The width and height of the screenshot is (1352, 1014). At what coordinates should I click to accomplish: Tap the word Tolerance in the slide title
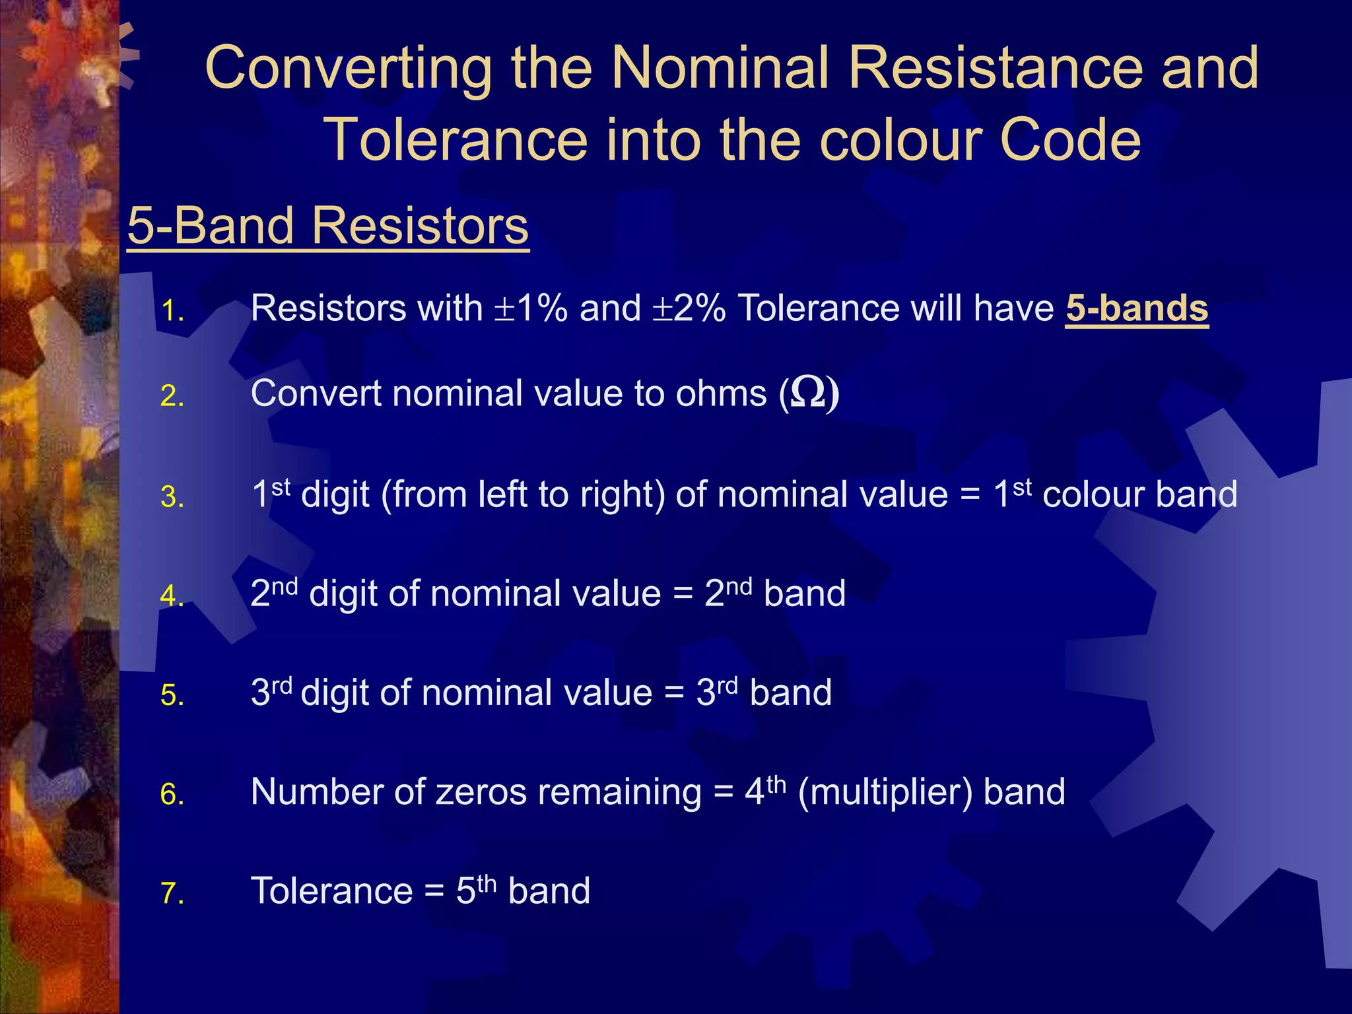(456, 141)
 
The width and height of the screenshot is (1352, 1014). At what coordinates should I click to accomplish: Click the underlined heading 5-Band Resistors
(328, 226)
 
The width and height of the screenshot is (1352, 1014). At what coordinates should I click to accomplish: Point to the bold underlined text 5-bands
(1137, 308)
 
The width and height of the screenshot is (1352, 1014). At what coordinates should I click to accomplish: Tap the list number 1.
(172, 311)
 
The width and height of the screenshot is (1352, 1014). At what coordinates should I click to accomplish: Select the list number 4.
(172, 596)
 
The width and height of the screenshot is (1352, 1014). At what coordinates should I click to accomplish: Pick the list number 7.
(172, 894)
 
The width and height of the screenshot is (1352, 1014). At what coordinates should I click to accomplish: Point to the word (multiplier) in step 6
(885, 792)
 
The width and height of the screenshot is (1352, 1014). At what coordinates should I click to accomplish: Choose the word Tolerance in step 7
(332, 891)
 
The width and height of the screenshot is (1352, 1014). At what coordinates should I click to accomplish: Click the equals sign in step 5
(674, 694)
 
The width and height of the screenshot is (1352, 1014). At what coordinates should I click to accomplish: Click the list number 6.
(172, 795)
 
